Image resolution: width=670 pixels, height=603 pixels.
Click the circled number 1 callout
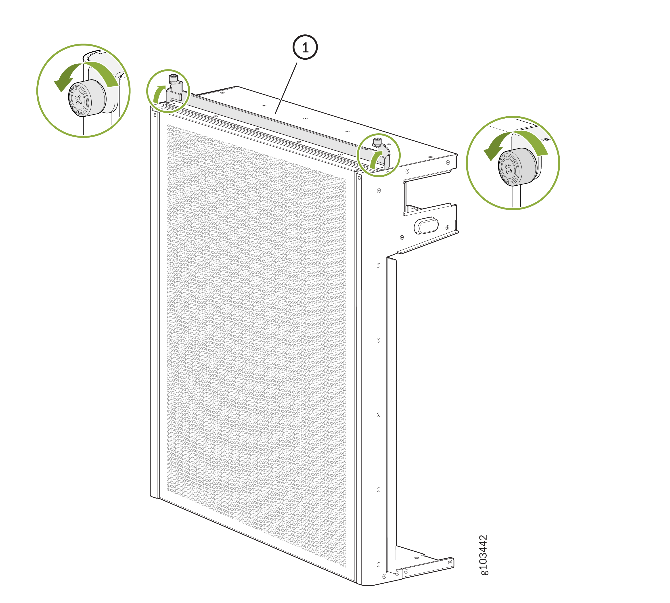tap(305, 47)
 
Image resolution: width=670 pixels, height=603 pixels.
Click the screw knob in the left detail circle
tap(87, 98)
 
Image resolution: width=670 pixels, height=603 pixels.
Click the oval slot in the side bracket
tap(426, 226)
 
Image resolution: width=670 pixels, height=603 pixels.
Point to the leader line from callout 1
tap(286, 88)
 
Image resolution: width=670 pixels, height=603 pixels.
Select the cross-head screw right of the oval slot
tap(447, 228)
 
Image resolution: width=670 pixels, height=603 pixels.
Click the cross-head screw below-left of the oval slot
tap(402, 238)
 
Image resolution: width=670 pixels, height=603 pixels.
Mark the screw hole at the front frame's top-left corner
tap(155, 115)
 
